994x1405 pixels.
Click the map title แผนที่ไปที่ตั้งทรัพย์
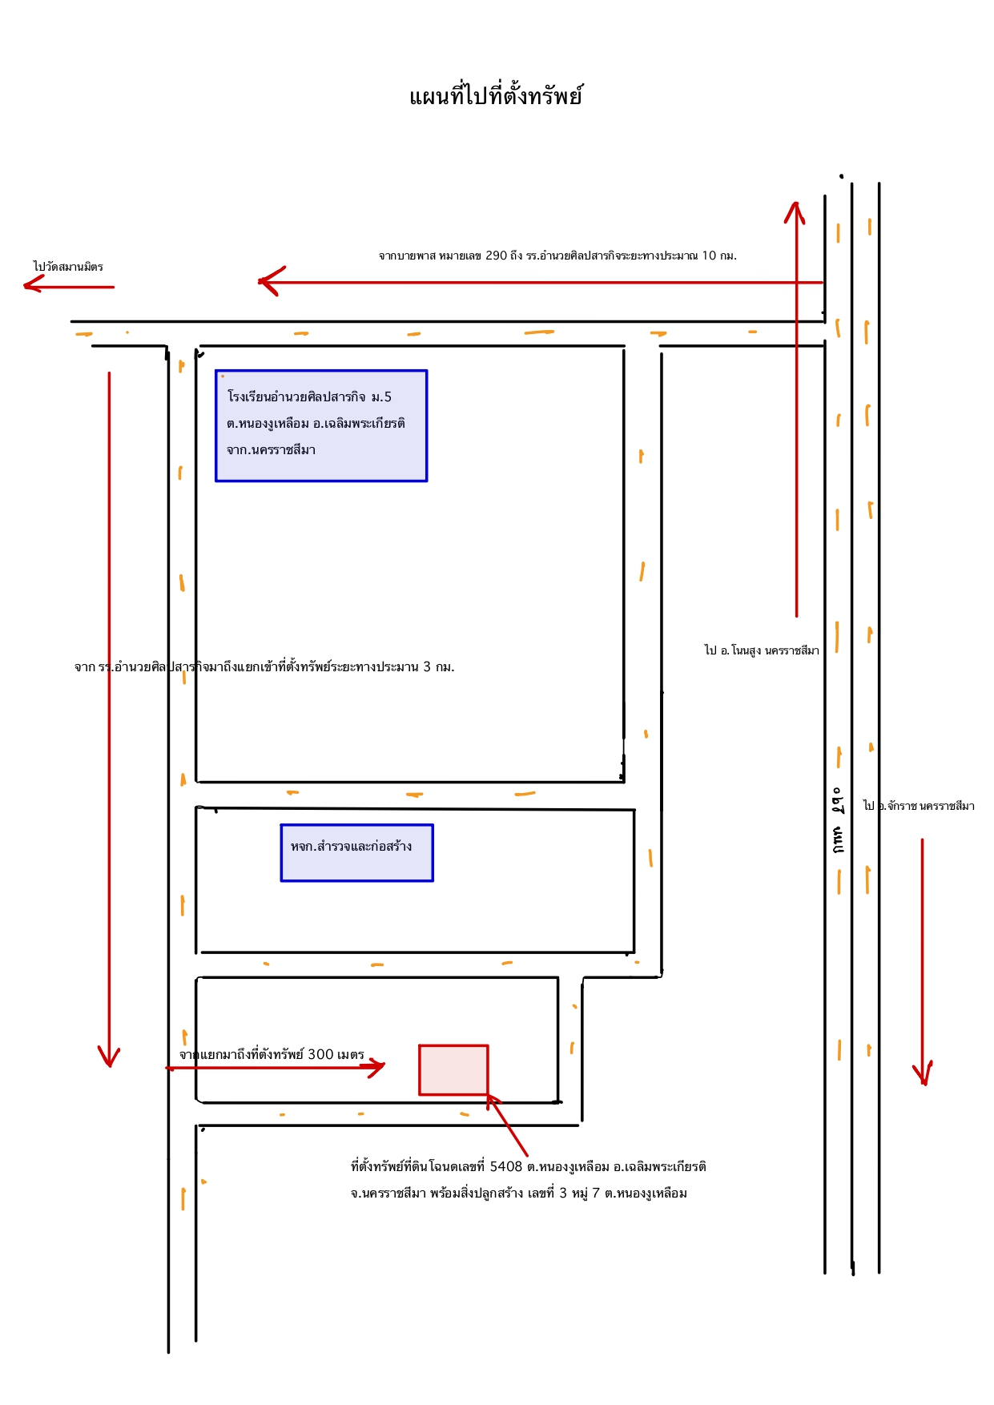pyautogui.click(x=496, y=96)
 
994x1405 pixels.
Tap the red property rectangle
pyautogui.click(x=453, y=1069)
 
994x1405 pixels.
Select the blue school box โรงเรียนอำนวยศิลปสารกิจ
pyautogui.click(x=321, y=425)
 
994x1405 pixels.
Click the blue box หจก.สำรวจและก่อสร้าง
pyautogui.click(x=356, y=852)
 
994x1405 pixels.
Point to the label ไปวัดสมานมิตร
pyautogui.click(x=68, y=267)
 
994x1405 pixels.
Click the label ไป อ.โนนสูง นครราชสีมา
pyautogui.click(x=762, y=650)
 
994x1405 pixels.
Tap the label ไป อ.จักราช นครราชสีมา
pyautogui.click(x=919, y=806)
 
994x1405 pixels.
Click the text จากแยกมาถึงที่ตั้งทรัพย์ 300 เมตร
pyautogui.click(x=272, y=1054)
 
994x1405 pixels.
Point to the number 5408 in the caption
pyautogui.click(x=506, y=1166)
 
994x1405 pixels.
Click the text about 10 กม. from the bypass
pyautogui.click(x=557, y=256)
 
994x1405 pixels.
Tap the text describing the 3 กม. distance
pyautogui.click(x=264, y=666)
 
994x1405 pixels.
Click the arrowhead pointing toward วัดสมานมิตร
pyautogui.click(x=32, y=284)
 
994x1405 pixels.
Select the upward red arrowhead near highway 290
pyautogui.click(x=795, y=211)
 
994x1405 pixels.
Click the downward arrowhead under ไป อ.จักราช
pyautogui.click(x=923, y=1073)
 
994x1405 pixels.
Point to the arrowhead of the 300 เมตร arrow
pyautogui.click(x=376, y=1067)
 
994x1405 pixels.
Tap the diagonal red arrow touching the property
pyautogui.click(x=507, y=1125)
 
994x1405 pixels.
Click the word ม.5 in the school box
pyautogui.click(x=381, y=397)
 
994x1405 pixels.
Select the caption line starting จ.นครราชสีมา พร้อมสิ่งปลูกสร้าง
pyautogui.click(x=519, y=1193)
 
